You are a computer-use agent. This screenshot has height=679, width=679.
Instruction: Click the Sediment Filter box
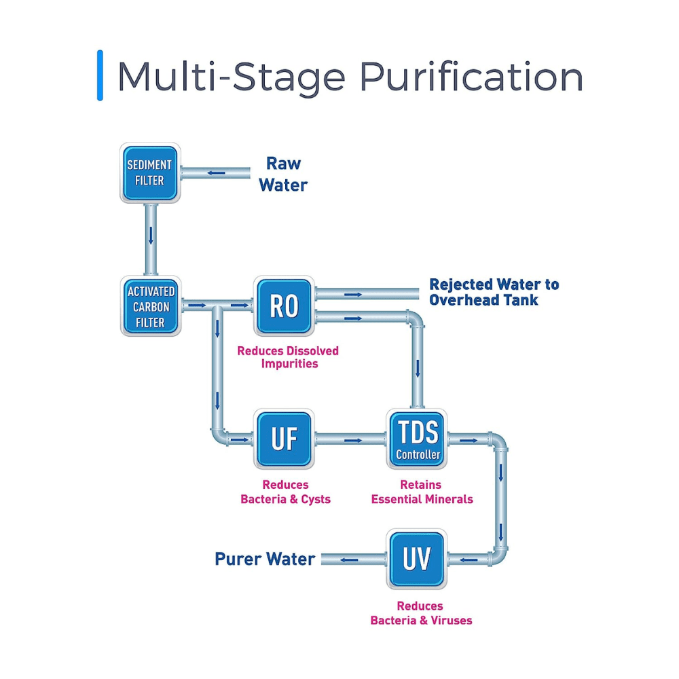150,172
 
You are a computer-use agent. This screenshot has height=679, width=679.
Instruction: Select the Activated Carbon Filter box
150,306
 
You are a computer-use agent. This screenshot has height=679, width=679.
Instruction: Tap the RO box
284,306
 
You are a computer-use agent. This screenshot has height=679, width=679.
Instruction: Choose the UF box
284,439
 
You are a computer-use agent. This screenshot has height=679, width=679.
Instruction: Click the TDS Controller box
418,439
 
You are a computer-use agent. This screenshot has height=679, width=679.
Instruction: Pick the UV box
418,559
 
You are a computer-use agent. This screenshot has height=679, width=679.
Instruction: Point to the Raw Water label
283,174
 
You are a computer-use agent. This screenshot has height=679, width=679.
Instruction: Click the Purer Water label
265,559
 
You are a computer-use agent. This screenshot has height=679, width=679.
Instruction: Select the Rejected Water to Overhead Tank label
494,292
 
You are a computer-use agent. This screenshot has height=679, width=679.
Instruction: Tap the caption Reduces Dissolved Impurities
288,357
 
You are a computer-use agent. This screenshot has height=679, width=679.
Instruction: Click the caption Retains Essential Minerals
422,492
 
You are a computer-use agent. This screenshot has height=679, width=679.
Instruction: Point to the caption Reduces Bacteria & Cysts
286,492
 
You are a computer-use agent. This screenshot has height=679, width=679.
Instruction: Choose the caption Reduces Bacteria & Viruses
421,612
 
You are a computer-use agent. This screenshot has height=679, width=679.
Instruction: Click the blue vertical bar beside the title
100,75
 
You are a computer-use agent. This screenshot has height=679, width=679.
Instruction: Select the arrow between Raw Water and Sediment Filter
217,172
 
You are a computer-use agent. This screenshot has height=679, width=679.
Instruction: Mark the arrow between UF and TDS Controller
352,440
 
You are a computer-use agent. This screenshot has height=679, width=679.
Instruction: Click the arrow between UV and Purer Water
350,560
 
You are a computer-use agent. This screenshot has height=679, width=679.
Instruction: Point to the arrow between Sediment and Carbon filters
151,236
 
